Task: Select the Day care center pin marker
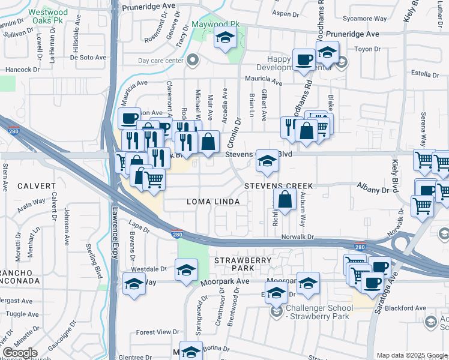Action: [192, 59]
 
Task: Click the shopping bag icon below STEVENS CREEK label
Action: [285, 200]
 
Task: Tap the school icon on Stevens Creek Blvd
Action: [268, 160]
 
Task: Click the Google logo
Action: [20, 353]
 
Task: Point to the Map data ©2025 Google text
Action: [411, 355]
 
